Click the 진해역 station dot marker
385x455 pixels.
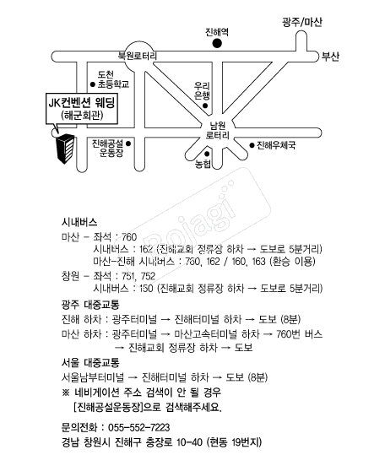pyautogui.click(x=217, y=44)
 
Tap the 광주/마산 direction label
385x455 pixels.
pyautogui.click(x=302, y=22)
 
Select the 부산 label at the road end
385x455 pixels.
pyautogui.click(x=330, y=57)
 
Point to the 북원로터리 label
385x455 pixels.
pyautogui.click(x=138, y=56)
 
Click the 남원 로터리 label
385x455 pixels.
pyautogui.click(x=217, y=130)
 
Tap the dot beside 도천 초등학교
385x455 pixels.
pyautogui.click(x=93, y=84)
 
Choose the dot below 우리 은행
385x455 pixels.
pyautogui.click(x=205, y=106)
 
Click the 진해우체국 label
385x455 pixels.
pyautogui.click(x=276, y=145)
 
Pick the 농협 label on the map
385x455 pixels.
pyautogui.click(x=203, y=165)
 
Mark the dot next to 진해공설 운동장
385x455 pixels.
pyautogui.click(x=128, y=144)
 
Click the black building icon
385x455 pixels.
pyautogui.click(x=65, y=149)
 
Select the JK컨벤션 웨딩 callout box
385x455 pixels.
pyautogui.click(x=82, y=109)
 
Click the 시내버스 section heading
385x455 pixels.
pyautogui.click(x=79, y=222)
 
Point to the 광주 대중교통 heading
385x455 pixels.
pyautogui.click(x=90, y=305)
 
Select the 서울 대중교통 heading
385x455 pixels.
pyautogui.click(x=90, y=362)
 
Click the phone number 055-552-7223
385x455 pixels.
pyautogui.click(x=138, y=427)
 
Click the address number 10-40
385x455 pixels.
pyautogui.click(x=189, y=442)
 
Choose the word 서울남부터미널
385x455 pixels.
pyautogui.click(x=93, y=377)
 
